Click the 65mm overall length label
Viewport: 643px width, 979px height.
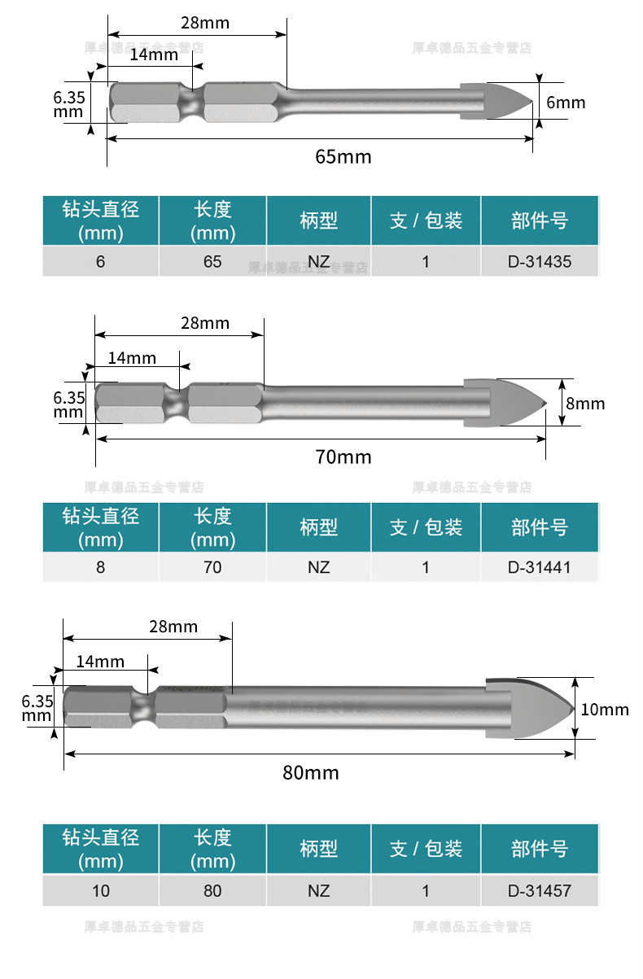click(x=343, y=156)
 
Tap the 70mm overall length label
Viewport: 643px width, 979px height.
click(x=343, y=457)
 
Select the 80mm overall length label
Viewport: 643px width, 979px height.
click(x=311, y=772)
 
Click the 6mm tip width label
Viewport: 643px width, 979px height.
click(x=566, y=103)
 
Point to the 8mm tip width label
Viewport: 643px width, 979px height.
click(x=586, y=403)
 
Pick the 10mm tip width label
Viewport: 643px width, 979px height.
click(x=605, y=710)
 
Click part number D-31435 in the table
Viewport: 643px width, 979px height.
click(x=540, y=262)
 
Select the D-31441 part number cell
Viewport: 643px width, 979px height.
click(x=540, y=567)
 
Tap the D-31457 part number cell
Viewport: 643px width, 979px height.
click(x=540, y=890)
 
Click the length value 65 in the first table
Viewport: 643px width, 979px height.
click(x=212, y=262)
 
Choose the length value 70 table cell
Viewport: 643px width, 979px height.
click(x=212, y=567)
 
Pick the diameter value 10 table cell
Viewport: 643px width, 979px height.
click(x=101, y=890)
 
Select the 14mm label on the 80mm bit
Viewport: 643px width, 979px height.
click(x=100, y=661)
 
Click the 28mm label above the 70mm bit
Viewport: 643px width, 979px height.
click(x=204, y=323)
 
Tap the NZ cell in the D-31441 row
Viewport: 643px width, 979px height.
click(x=319, y=567)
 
